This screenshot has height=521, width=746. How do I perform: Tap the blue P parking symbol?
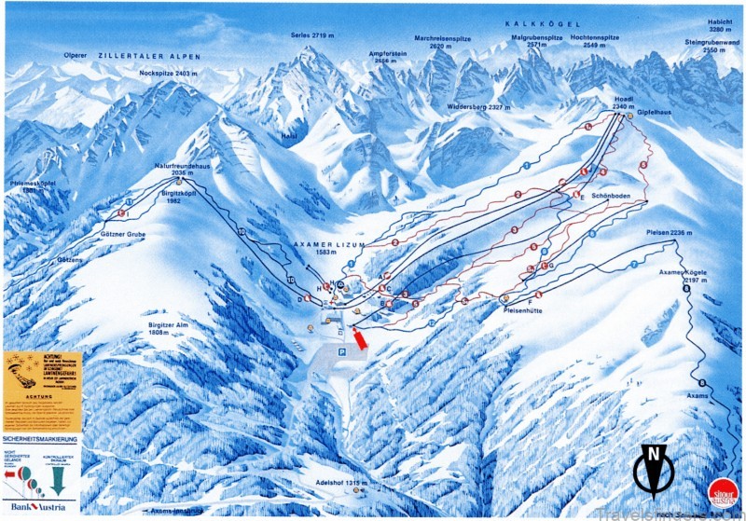click(342, 351)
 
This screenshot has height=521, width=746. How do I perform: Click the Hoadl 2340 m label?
click(624, 103)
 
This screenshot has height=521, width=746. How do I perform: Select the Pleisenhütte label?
click(529, 309)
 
